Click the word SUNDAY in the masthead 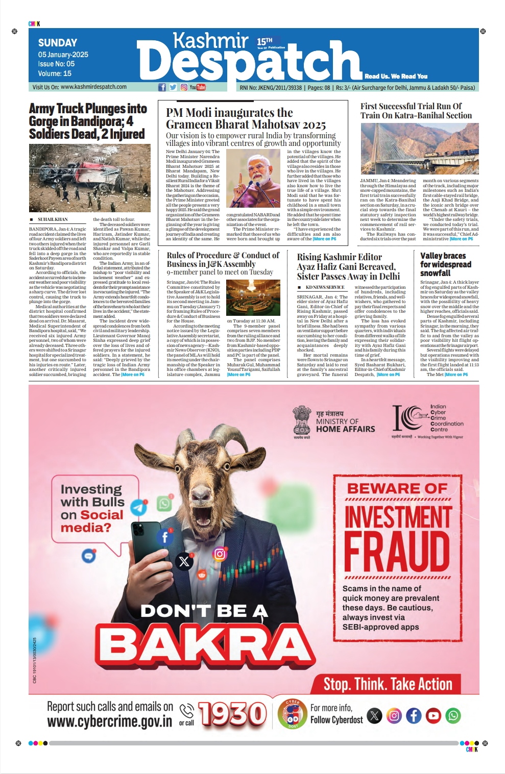58,43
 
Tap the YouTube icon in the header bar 197,87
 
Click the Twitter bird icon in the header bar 173,87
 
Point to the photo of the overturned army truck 90,178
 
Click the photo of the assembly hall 253,298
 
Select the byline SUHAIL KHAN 52,219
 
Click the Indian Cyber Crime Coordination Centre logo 408,418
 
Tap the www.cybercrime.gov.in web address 110,721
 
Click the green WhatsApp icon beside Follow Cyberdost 453,715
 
